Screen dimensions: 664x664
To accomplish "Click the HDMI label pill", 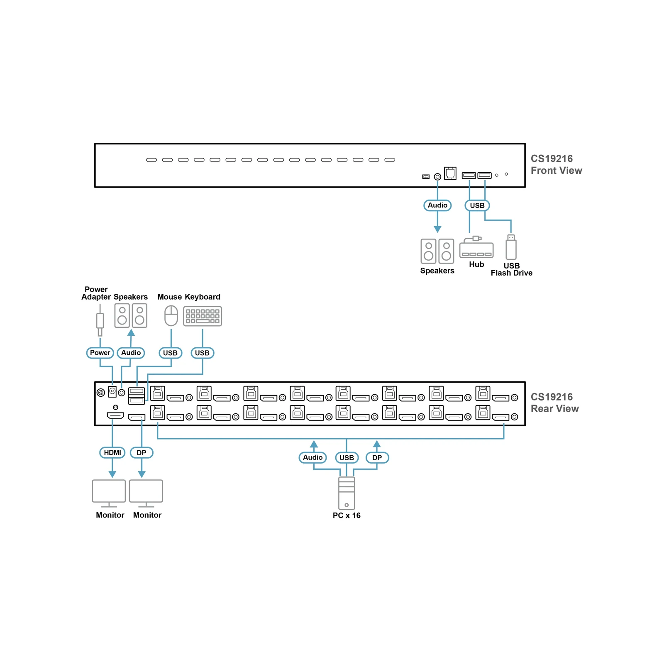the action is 112,452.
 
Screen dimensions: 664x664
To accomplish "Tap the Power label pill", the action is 100,353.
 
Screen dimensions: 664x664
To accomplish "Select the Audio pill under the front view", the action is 437,205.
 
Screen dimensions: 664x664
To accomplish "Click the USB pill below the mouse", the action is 170,353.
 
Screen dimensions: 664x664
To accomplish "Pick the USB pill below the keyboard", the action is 203,353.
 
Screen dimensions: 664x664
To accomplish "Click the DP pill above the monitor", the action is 142,452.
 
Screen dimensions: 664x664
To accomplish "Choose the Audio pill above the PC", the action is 313,457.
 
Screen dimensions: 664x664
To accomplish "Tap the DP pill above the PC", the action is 377,457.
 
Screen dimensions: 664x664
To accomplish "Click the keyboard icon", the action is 203,317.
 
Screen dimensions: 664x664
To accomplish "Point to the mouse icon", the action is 171,316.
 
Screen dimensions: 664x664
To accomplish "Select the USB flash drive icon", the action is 511,247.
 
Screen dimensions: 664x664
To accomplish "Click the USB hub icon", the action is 476,247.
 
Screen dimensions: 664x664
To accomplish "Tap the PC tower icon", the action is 347,493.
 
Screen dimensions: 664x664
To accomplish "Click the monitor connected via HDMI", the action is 109,493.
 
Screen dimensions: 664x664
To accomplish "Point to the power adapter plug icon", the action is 100,320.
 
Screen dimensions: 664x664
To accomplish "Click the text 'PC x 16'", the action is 347,515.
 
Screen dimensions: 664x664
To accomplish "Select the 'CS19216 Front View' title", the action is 556,165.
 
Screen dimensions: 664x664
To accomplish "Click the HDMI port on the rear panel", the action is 115,415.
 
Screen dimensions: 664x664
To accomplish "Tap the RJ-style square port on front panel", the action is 450,173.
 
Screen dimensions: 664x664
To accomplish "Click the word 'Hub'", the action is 476,264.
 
